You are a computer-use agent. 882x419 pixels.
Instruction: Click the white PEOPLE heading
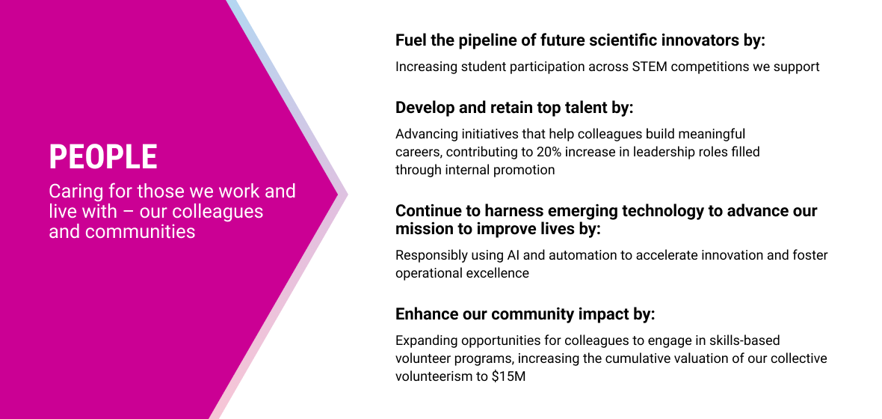click(103, 156)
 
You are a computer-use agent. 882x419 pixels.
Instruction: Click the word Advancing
click(425, 135)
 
